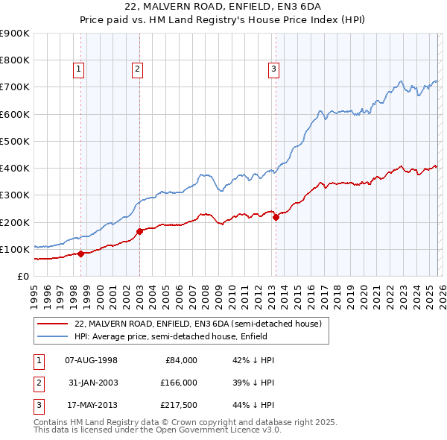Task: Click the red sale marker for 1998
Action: [x=80, y=254]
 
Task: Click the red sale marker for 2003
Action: [x=139, y=231]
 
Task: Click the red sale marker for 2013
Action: [x=276, y=218]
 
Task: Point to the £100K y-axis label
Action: [x=14, y=249]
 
